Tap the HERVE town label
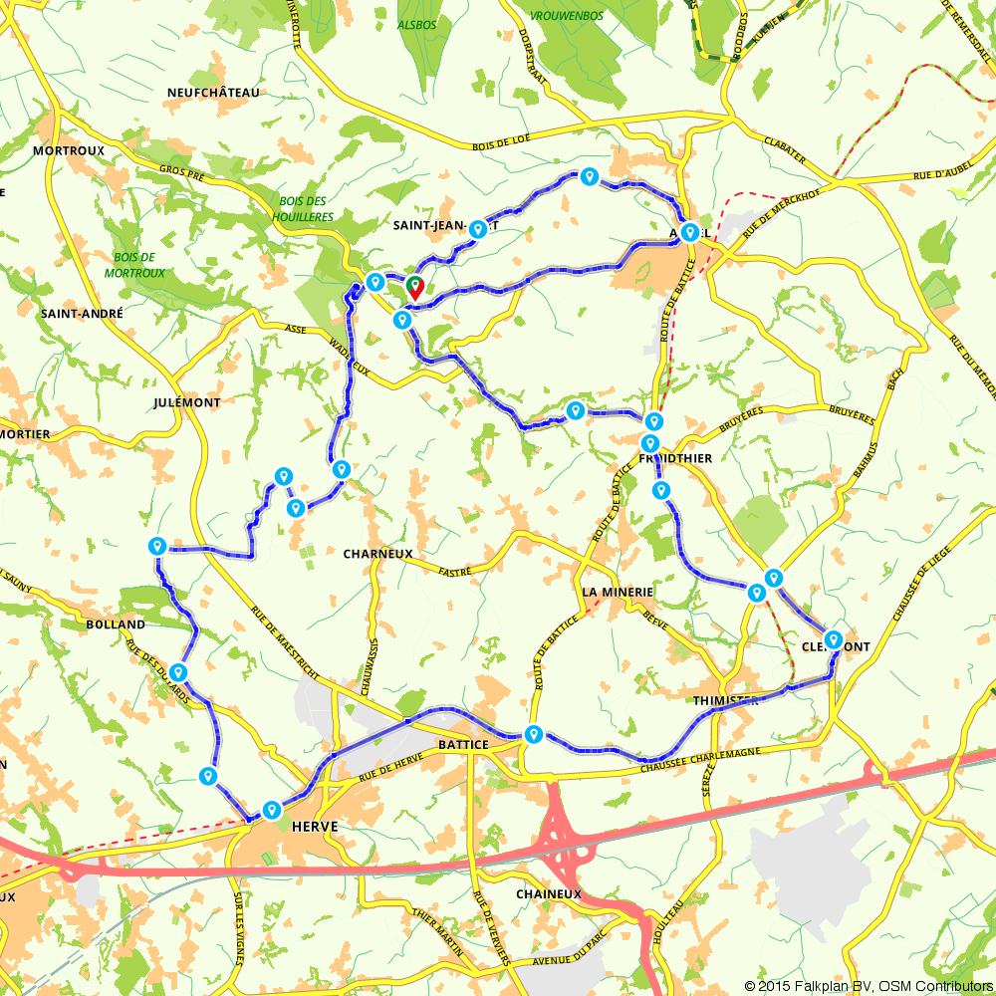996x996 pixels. point(316,827)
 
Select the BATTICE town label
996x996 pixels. point(463,745)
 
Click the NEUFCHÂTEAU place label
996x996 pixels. point(213,93)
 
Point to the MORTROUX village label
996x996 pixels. point(69,150)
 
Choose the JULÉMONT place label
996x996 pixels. point(188,402)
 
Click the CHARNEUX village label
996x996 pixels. point(377,554)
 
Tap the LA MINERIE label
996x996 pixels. point(618,592)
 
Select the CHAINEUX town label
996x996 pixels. point(548,894)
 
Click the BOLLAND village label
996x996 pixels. point(117,624)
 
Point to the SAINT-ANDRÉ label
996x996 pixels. point(82,313)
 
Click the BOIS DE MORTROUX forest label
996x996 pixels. point(135,264)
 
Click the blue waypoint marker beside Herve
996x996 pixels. point(271,810)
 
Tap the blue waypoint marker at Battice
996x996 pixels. point(534,735)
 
